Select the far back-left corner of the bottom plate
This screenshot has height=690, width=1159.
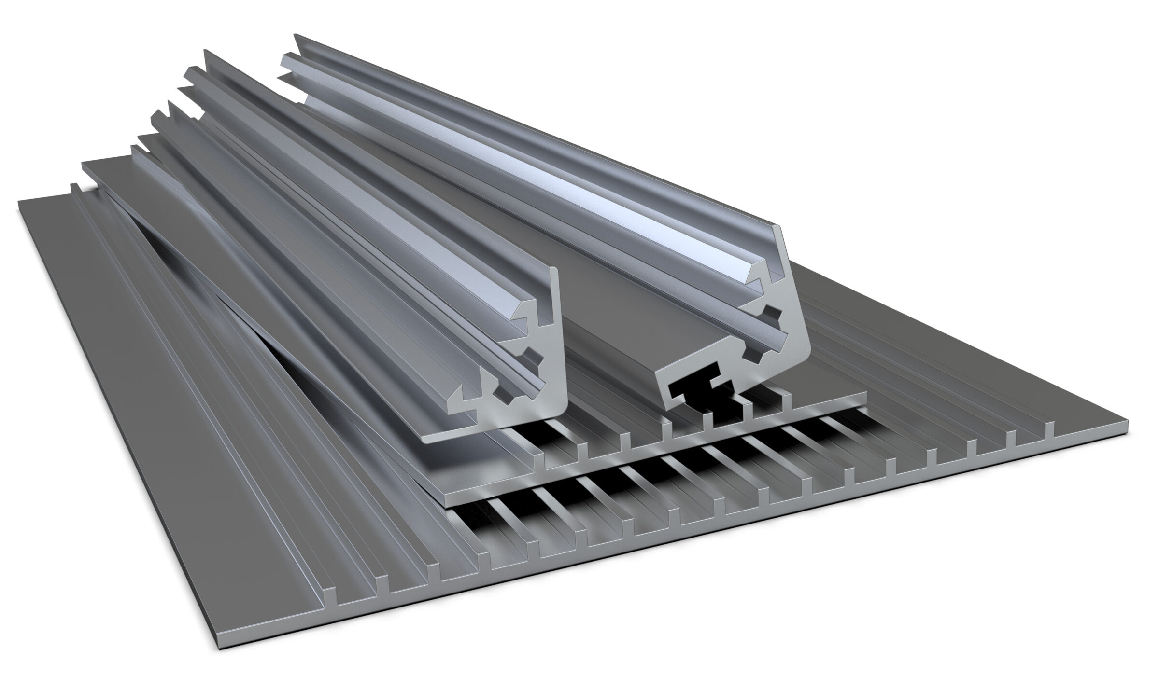(19, 203)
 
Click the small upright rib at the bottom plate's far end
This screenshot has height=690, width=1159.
(73, 188)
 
